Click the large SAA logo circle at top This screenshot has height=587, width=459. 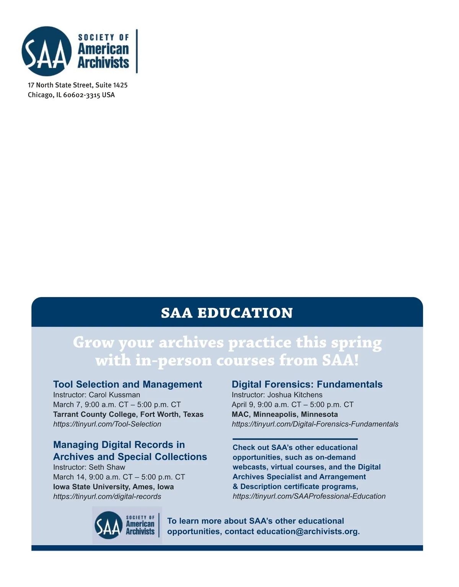47,51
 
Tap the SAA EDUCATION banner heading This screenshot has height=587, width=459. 227,313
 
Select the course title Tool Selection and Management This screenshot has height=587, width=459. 127,384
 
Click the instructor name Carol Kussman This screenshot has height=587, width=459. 114,395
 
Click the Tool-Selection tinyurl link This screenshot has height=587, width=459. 107,424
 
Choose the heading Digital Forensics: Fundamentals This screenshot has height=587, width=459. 307,384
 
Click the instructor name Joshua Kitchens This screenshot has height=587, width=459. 295,395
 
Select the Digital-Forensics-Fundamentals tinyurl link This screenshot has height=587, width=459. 315,424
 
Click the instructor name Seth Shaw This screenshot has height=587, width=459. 107,467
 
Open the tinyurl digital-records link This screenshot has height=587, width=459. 107,496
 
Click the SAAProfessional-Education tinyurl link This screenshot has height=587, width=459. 309,496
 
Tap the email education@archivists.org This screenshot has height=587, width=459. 307,532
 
